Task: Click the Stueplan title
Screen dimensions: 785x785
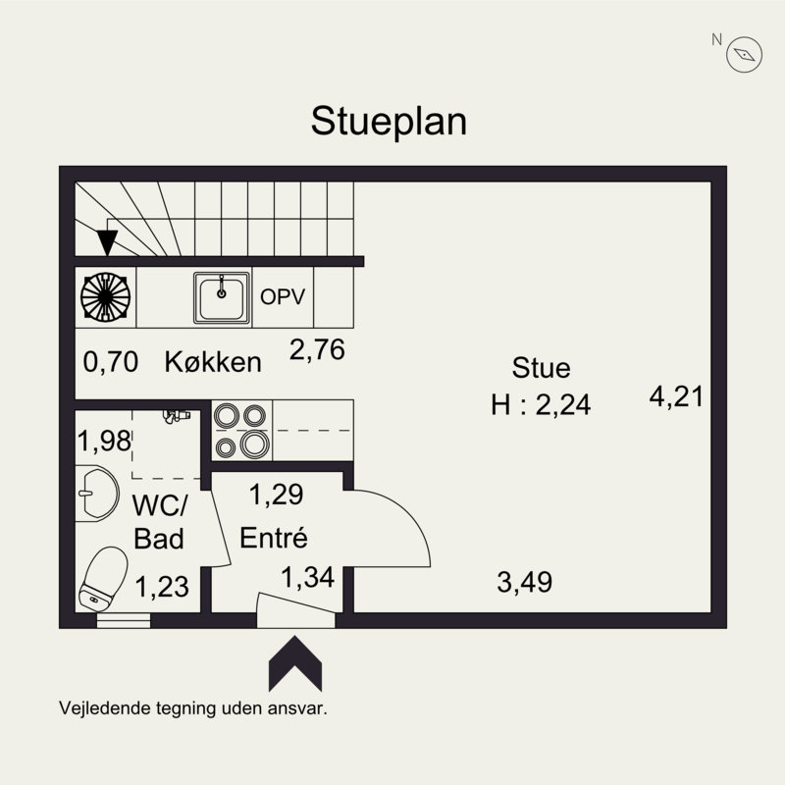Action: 389,121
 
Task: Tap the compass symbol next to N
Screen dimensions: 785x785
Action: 744,54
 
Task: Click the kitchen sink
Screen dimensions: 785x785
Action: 222,297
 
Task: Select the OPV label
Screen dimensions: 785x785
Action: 283,297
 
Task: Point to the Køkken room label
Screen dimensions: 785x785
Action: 213,361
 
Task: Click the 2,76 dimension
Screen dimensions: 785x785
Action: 317,349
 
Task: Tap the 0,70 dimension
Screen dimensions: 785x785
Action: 111,362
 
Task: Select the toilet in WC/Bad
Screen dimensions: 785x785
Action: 104,579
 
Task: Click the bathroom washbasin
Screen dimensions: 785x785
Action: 97,494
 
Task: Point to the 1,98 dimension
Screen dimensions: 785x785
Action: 104,441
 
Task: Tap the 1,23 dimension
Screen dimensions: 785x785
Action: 162,586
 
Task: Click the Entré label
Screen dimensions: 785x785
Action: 274,538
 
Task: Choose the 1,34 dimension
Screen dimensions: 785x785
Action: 307,577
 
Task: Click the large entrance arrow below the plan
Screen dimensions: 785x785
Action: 295,664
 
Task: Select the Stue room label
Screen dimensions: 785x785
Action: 541,367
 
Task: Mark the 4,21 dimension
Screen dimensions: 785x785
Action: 676,396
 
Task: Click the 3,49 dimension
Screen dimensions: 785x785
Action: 525,582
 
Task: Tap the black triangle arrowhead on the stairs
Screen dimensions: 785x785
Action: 107,242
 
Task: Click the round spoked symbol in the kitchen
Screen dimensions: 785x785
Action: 106,297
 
